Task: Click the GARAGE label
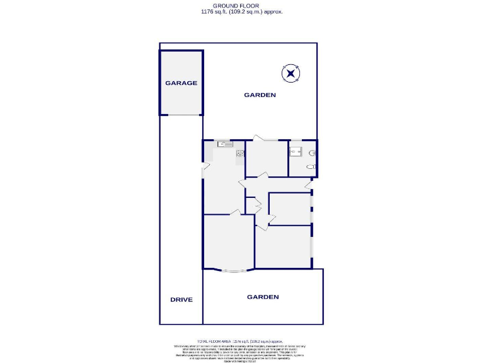point(181,83)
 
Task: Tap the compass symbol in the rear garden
point(290,74)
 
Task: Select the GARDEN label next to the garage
point(260,95)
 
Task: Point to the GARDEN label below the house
point(262,297)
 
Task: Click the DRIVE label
point(181,300)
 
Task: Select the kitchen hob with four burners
point(239,153)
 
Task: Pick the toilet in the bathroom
point(309,166)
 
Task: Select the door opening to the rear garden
point(262,139)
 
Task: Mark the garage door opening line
point(181,115)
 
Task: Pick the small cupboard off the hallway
point(250,205)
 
